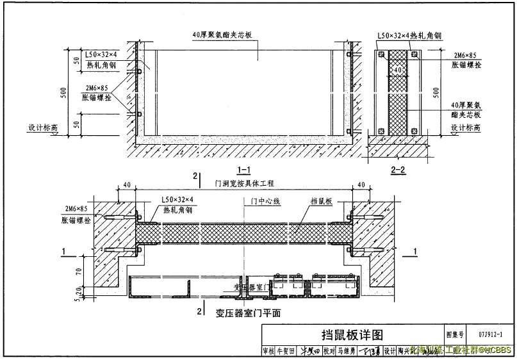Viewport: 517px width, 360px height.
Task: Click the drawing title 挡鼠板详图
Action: [352, 335]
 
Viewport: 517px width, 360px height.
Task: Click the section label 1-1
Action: [243, 169]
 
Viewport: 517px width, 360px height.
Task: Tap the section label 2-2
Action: [398, 169]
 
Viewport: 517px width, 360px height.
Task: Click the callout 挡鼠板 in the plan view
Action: [321, 200]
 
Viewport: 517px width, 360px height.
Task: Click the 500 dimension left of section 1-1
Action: [63, 92]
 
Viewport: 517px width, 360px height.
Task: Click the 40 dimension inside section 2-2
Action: [398, 69]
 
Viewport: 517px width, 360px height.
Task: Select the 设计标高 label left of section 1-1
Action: [42, 127]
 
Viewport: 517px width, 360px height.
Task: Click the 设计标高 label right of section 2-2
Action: [466, 127]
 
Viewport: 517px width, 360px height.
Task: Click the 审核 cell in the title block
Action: [268, 350]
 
